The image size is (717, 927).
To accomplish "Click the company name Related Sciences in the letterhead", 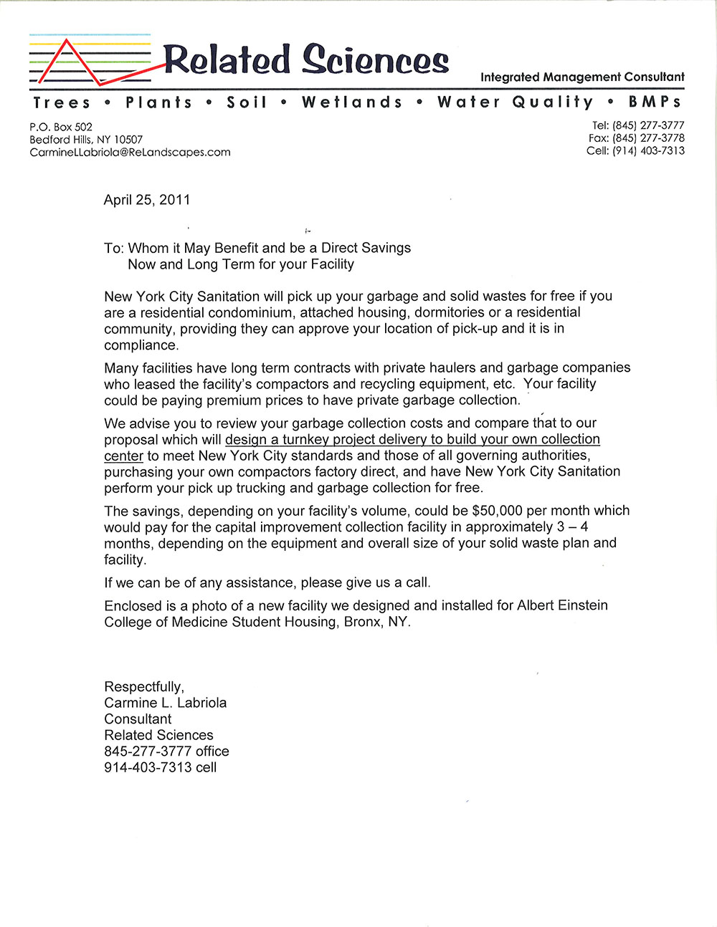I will tap(306, 59).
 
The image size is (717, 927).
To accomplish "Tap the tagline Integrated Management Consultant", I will tap(582, 77).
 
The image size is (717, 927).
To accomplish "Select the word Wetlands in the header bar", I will tap(352, 102).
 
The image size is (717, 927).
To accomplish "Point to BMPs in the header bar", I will tap(655, 102).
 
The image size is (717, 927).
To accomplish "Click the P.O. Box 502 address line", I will tap(61, 127).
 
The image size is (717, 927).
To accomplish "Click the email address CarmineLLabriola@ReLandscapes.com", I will tap(130, 152).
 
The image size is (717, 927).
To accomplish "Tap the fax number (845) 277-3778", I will tap(648, 138).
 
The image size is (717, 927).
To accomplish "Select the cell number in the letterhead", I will tap(648, 150).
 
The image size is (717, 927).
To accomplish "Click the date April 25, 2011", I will tap(147, 200).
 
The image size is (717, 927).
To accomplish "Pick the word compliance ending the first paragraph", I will tap(140, 345).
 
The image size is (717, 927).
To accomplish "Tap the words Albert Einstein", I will tap(562, 605).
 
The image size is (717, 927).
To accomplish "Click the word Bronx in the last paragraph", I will tap(363, 622).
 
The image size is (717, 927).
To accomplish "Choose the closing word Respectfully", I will tap(144, 686).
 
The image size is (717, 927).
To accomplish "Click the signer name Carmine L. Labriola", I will tap(165, 703).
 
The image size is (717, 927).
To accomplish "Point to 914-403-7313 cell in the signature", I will tap(160, 767).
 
